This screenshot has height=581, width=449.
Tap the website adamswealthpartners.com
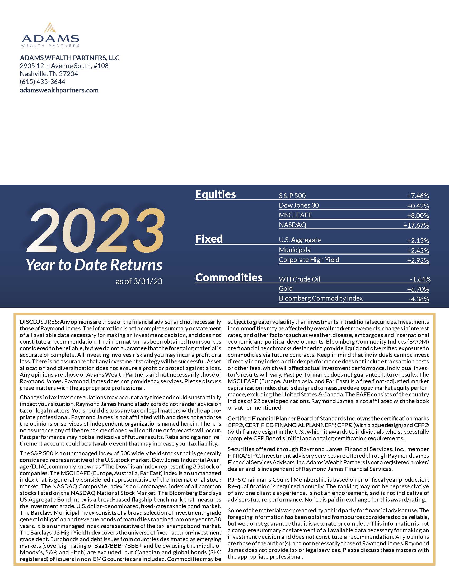click(x=59, y=90)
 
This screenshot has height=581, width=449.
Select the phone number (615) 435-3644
click(x=43, y=82)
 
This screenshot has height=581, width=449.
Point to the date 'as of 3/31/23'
click(x=139, y=282)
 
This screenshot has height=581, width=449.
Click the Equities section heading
click(x=216, y=194)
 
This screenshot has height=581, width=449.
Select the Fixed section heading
click(x=209, y=239)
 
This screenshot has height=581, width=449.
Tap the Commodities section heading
click(x=229, y=278)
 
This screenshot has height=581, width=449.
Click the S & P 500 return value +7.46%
click(x=418, y=196)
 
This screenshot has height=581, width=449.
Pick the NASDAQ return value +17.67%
click(x=416, y=225)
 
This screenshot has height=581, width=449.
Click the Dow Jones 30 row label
click(x=299, y=205)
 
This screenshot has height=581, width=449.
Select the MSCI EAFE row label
click(x=295, y=215)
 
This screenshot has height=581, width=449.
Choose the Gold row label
click(x=286, y=289)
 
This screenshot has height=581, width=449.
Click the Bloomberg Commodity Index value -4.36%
click(x=418, y=299)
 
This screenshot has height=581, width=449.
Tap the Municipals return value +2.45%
click(x=418, y=250)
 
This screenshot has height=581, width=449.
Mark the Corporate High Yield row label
click(x=309, y=260)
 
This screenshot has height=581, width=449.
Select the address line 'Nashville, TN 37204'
click(x=49, y=74)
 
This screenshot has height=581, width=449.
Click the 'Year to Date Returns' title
click(x=94, y=265)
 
